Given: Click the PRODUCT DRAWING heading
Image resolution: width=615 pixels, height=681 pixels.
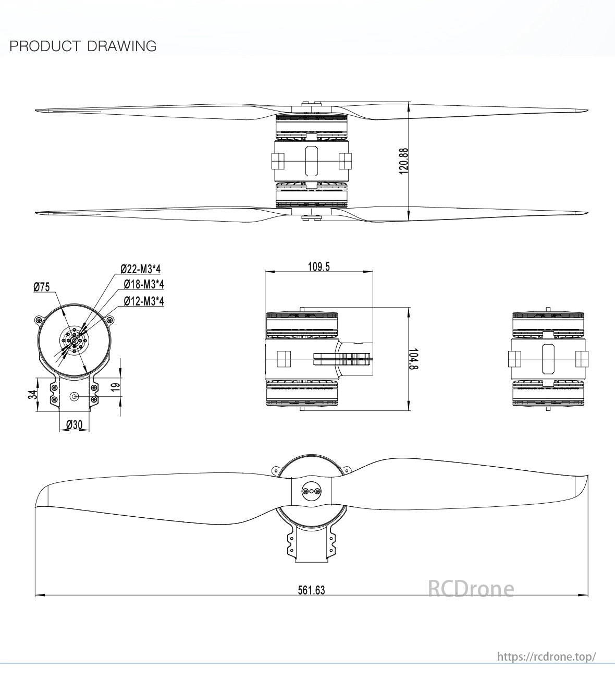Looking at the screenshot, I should (83, 46).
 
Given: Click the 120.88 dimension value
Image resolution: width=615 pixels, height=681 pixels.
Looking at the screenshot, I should (403, 161).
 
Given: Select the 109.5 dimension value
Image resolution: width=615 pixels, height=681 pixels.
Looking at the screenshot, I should (319, 267).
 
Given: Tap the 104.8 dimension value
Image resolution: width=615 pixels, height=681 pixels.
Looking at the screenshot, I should (413, 359).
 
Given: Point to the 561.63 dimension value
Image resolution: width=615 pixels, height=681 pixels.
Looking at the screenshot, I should (311, 590).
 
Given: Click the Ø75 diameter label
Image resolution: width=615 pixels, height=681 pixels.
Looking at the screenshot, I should (41, 287).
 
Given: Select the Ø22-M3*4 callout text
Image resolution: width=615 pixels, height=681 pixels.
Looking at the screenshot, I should (141, 269).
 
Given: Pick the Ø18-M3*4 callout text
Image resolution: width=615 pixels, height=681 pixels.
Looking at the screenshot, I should (144, 284).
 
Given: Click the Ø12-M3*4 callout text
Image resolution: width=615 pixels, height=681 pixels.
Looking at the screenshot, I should (144, 301).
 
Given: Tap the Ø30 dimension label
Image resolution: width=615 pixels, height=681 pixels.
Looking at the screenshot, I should (74, 425).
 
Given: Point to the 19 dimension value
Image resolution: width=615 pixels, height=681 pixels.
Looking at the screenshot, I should (116, 386).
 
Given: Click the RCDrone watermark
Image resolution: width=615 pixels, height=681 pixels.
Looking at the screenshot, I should (471, 589).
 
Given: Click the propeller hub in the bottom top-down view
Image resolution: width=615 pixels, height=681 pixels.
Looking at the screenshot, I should (311, 491).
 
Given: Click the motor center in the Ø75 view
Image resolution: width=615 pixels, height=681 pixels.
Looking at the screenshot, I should (73, 340).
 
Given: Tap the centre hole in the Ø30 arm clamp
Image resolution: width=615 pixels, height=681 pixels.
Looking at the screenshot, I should (74, 397).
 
